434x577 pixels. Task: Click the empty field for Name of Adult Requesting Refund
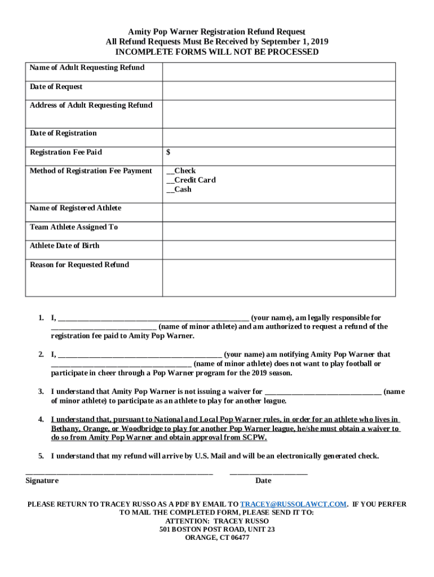[278, 72]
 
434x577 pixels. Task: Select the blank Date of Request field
[278, 91]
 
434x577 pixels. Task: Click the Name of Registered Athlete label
[76, 208]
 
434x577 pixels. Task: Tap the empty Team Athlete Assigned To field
[278, 231]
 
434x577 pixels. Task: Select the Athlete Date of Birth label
[65, 246]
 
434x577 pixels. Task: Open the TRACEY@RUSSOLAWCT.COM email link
[293, 504]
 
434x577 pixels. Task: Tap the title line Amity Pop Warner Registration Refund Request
[217, 32]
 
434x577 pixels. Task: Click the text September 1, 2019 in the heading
[296, 42]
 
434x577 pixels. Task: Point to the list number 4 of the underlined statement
[41, 420]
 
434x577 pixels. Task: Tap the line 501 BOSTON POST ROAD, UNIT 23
[217, 530]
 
